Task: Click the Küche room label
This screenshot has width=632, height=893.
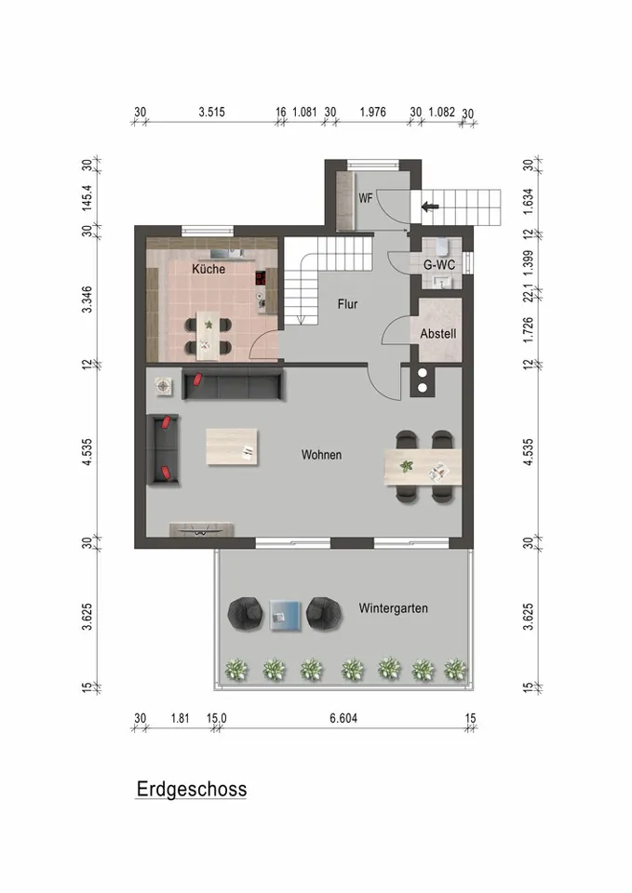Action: click(x=208, y=269)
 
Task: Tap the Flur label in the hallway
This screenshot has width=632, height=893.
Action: click(x=347, y=303)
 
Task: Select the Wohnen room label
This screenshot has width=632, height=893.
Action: click(x=321, y=455)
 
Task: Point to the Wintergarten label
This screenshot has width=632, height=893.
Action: click(x=393, y=608)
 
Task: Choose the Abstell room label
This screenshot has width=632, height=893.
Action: click(x=437, y=333)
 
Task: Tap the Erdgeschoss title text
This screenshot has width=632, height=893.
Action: click(x=192, y=790)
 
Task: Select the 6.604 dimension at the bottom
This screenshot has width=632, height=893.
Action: click(x=343, y=717)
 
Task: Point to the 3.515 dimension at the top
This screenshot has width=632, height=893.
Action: click(x=212, y=113)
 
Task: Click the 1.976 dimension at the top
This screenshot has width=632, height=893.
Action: click(x=371, y=113)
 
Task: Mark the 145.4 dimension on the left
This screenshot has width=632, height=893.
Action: click(x=87, y=197)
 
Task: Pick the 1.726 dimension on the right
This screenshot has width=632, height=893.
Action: click(x=527, y=331)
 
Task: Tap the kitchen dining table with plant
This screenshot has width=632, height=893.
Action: click(x=211, y=336)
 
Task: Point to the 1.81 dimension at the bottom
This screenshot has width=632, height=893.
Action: click(x=180, y=717)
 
